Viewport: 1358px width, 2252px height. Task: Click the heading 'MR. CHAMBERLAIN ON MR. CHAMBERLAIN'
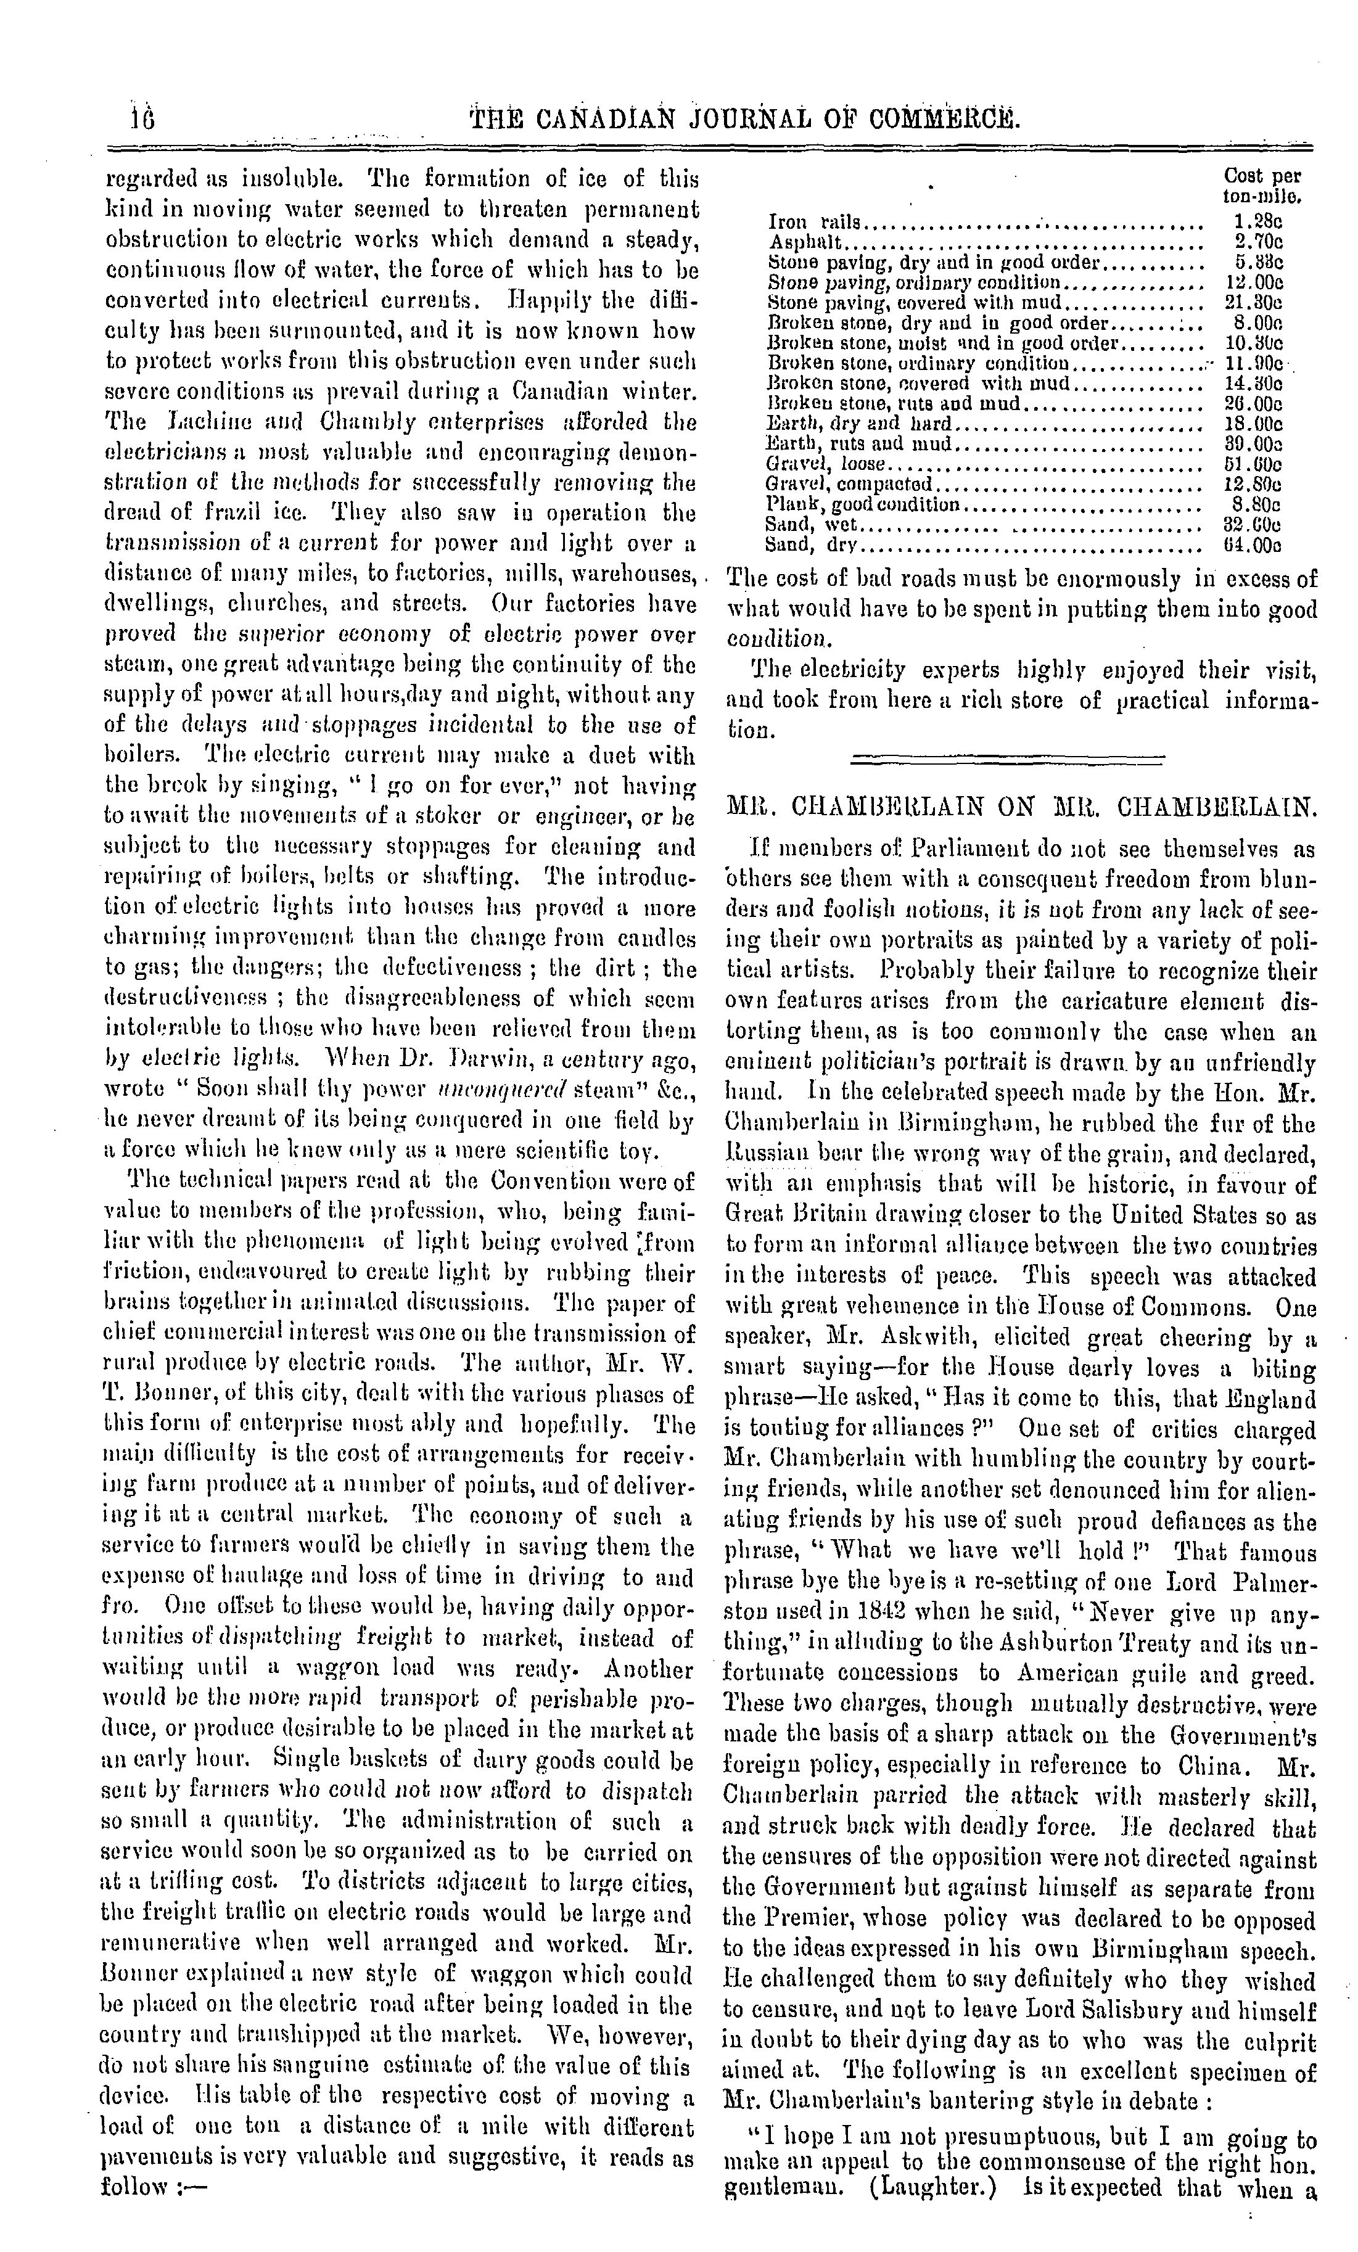click(1021, 807)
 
